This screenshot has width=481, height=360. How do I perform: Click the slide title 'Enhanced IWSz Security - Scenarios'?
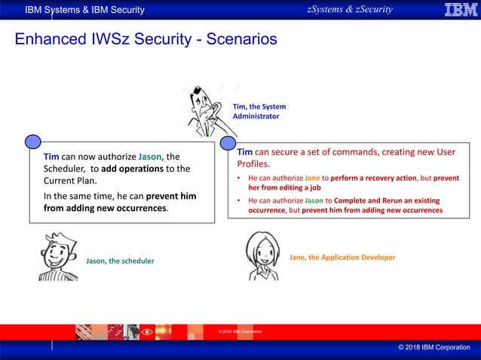146,38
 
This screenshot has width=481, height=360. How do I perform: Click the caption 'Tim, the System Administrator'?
259,111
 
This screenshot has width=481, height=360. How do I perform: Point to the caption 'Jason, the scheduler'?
120,261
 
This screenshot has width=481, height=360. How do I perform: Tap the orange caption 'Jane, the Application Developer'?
342,258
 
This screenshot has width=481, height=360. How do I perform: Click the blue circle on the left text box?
32,142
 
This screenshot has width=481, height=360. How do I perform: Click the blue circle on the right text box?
227,142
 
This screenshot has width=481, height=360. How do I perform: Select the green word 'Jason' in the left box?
150,157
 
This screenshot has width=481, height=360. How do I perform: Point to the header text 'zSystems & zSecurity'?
349,9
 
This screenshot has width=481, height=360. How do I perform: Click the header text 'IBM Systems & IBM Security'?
84,10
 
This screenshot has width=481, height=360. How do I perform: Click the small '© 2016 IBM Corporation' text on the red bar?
240,332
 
